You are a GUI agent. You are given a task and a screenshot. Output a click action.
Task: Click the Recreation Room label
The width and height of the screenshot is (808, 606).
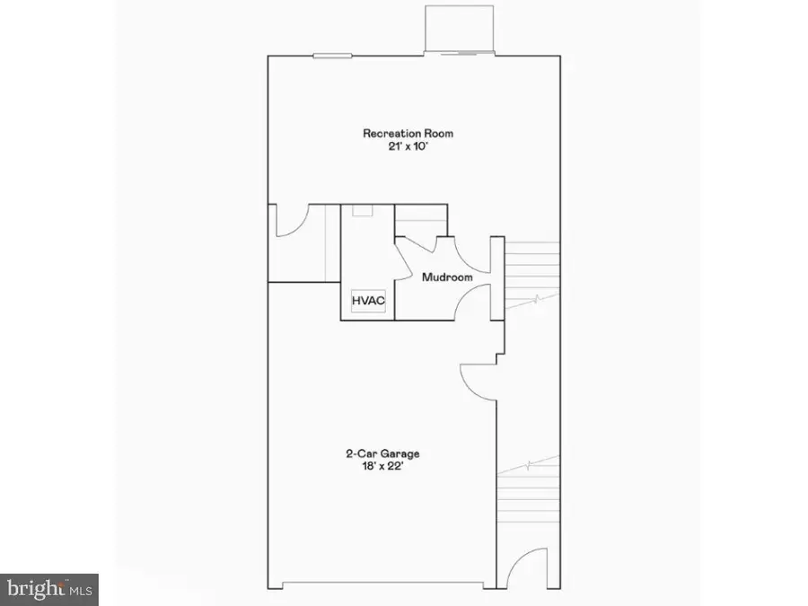408,134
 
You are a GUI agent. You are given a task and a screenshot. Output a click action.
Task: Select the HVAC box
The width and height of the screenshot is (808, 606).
368,302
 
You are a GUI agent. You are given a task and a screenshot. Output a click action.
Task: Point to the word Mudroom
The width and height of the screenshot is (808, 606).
447,277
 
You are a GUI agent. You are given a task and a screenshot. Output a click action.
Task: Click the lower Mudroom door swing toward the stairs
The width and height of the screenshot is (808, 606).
473,303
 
